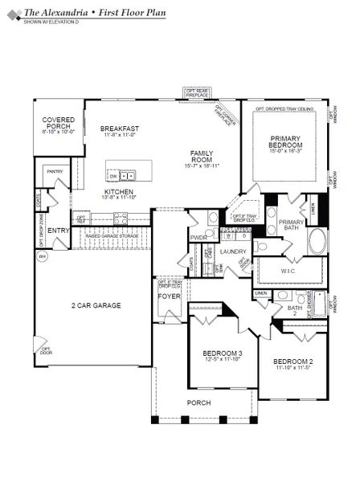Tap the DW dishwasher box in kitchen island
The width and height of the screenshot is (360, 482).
[115, 174]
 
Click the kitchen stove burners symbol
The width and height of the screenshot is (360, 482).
[121, 216]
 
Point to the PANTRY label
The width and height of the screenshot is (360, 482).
[55, 171]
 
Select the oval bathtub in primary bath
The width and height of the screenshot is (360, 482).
[317, 242]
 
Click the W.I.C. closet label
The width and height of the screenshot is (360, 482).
[289, 270]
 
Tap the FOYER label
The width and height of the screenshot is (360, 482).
[169, 296]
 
